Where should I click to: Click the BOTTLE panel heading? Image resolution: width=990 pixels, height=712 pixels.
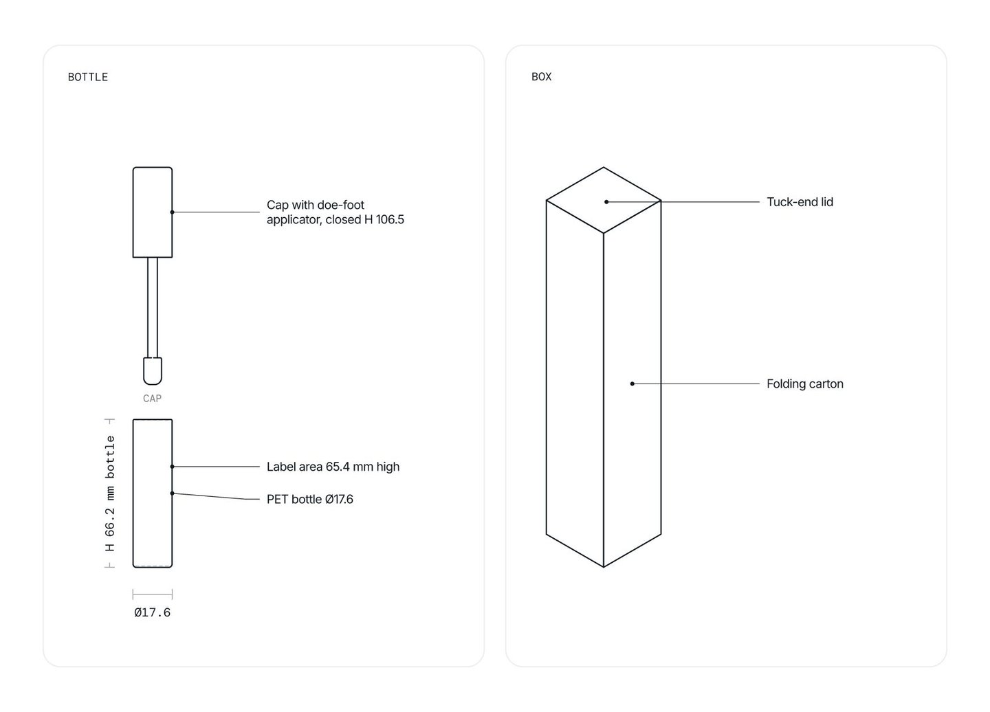coord(88,77)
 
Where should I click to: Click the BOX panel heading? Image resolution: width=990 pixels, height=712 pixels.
coord(542,77)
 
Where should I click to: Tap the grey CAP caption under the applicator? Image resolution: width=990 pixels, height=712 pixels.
coord(152,399)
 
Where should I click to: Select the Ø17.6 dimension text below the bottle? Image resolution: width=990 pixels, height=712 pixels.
coord(153,612)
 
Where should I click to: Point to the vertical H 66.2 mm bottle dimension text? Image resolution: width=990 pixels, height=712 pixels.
coord(110,493)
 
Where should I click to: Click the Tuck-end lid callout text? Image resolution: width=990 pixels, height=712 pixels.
coord(800,202)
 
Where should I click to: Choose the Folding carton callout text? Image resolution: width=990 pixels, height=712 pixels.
coord(805,383)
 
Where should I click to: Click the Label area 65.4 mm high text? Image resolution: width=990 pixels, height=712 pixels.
coord(333,467)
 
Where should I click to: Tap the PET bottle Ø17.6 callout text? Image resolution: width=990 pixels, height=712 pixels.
coord(310,499)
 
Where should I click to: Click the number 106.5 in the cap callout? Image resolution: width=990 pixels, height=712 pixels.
coord(390,219)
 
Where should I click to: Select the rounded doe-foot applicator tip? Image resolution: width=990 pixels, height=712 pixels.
coord(153,371)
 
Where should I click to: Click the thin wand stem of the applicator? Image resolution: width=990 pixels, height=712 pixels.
coord(153,307)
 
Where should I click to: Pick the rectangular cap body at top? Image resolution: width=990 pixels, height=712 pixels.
coord(153,212)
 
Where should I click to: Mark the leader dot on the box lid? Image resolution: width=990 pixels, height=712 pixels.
coord(606,202)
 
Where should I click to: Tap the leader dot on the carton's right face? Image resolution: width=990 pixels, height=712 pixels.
coord(632,383)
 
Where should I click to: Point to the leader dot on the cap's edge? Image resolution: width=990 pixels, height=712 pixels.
coord(172,212)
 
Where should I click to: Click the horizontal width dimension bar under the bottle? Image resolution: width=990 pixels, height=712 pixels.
coord(153,594)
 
